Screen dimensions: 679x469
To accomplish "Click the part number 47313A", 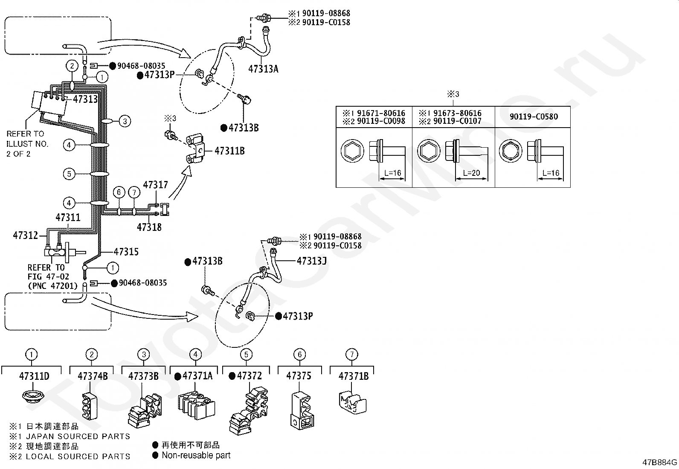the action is click(263, 69).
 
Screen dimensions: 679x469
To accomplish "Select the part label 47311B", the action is click(229, 151).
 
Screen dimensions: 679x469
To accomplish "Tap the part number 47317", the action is click(155, 184).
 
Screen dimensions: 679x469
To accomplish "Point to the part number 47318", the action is click(149, 227).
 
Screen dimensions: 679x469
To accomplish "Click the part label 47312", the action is click(26, 235).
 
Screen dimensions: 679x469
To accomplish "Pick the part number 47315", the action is click(126, 251).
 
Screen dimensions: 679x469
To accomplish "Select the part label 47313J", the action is click(312, 261).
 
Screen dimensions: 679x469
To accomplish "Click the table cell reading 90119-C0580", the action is click(534, 117).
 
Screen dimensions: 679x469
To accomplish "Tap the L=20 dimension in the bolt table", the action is click(471, 173).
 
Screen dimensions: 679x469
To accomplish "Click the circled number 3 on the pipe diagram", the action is click(125, 121).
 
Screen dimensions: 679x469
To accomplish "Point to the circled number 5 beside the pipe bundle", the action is click(69, 174).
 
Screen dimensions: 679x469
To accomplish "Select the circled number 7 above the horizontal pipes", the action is click(134, 192).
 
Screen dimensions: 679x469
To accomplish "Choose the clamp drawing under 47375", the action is click(302, 411).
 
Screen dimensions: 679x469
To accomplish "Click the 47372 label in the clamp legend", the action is click(249, 376).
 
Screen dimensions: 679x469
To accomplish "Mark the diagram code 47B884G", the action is click(660, 462).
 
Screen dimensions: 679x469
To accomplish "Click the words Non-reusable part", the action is click(196, 455).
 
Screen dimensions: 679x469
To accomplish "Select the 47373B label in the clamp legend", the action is click(143, 376).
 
